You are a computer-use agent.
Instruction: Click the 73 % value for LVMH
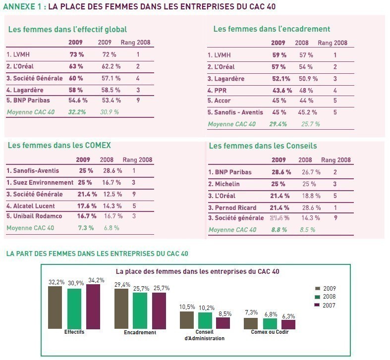pyautogui.click(x=75, y=55)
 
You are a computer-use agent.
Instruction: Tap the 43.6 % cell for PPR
pyautogui.click(x=282, y=90)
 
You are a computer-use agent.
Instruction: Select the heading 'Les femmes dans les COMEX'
pyautogui.click(x=59, y=146)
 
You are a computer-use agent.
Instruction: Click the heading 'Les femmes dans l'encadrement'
pyautogui.click(x=272, y=29)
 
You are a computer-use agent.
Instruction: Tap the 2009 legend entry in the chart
pyautogui.click(x=326, y=288)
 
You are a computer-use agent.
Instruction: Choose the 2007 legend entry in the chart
pyautogui.click(x=326, y=305)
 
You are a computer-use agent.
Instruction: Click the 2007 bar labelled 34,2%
pyautogui.click(x=93, y=307)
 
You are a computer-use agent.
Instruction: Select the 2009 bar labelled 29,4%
pyautogui.click(x=121, y=309)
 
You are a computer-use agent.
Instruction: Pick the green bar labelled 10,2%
pyautogui.click(x=205, y=320)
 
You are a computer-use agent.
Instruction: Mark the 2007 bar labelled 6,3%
pyautogui.click(x=288, y=324)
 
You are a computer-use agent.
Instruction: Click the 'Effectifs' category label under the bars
pyautogui.click(x=74, y=332)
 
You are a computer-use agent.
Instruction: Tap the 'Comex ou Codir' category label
pyautogui.click(x=270, y=332)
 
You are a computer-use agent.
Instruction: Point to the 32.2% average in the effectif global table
pyautogui.click(x=77, y=112)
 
